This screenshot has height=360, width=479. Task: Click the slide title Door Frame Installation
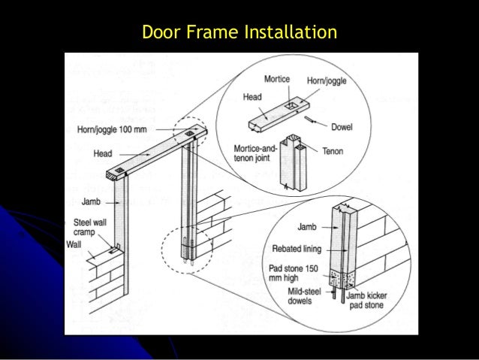click(x=239, y=33)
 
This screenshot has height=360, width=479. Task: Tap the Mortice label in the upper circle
click(x=279, y=79)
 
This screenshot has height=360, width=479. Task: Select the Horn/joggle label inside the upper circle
click(x=327, y=80)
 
